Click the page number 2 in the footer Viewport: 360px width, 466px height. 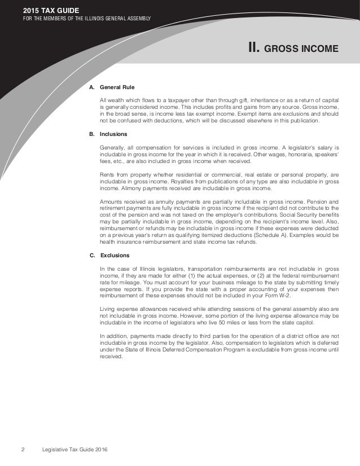point(23,449)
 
